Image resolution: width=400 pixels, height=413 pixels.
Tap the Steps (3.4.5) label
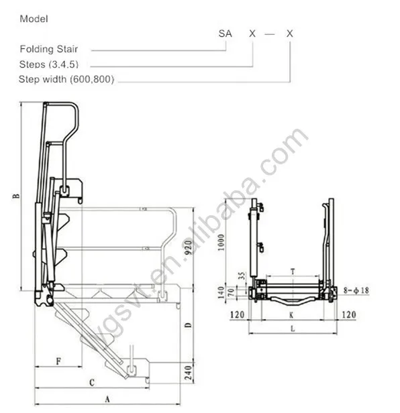48,64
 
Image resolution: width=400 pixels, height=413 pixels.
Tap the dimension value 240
189,370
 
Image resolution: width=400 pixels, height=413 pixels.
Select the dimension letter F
58,361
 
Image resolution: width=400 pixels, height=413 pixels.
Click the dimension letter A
107,398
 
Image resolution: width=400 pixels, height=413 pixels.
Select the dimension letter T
292,271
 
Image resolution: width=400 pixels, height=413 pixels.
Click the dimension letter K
291,314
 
